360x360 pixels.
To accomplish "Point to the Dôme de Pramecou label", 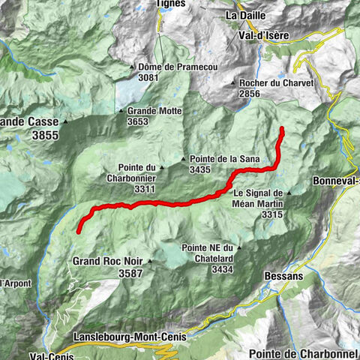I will point(178,67).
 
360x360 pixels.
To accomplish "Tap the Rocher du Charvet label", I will point(274,83).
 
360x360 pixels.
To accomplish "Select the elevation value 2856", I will point(252,94).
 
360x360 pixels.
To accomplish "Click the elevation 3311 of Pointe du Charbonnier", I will point(145,190).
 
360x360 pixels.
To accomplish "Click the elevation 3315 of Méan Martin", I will point(271,214).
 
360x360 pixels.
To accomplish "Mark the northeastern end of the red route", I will point(283,130).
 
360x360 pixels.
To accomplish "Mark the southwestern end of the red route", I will point(79,232).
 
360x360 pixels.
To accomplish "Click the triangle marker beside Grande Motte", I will point(121,111).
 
